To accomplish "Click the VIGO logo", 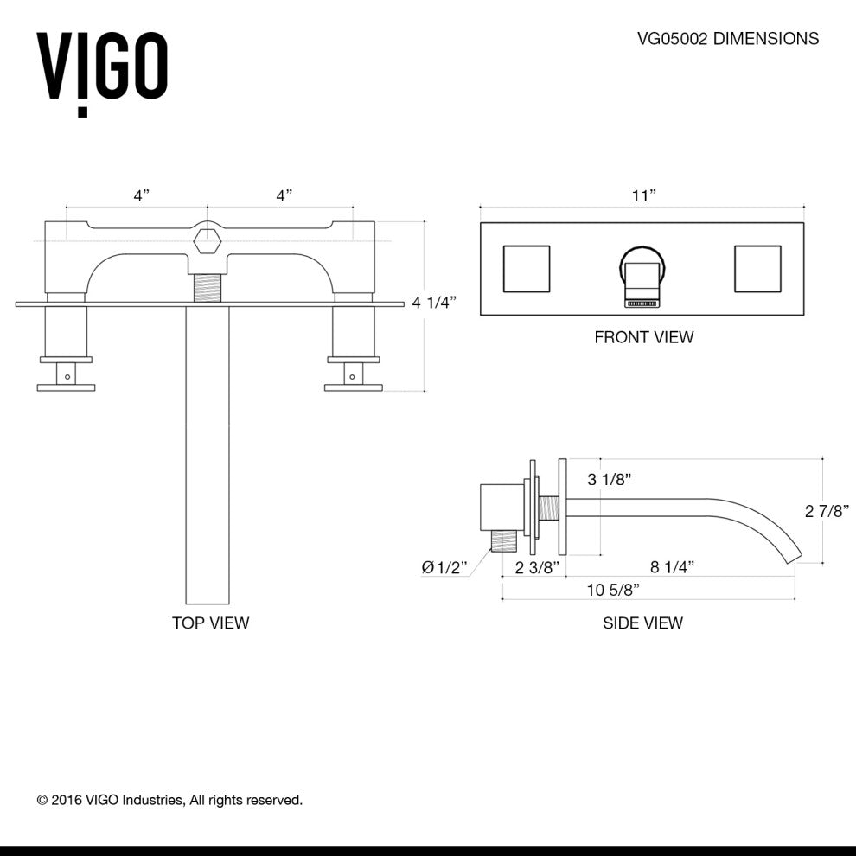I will point(101,69).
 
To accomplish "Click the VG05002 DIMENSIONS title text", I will point(727,39).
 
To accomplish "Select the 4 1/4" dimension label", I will point(433,303).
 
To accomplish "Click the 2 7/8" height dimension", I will point(829,511).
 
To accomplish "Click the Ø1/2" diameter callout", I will point(444,567).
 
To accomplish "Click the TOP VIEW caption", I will point(210,623).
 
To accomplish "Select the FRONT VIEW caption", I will point(643,337).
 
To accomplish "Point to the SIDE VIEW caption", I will point(642,623).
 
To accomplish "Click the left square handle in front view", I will point(526,269).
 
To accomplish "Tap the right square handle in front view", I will point(758,269).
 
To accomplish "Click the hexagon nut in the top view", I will point(208,240).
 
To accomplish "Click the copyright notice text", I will point(169,800).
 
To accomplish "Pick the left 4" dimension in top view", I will point(141,196).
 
